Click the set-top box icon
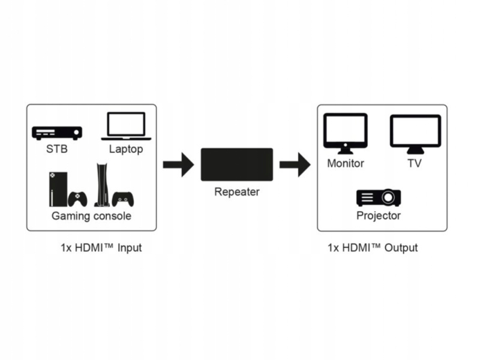click(57, 133)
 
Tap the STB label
click(57, 149)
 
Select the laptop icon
click(127, 126)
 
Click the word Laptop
click(127, 149)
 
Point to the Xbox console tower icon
click(58, 189)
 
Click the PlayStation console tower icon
click(100, 185)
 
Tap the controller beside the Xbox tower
click(79, 198)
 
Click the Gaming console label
click(91, 215)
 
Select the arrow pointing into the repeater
click(178, 164)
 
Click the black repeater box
click(236, 164)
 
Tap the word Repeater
click(236, 192)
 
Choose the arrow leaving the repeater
click(295, 164)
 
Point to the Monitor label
click(346, 163)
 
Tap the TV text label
click(415, 163)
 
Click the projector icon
click(379, 197)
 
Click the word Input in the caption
click(130, 248)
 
